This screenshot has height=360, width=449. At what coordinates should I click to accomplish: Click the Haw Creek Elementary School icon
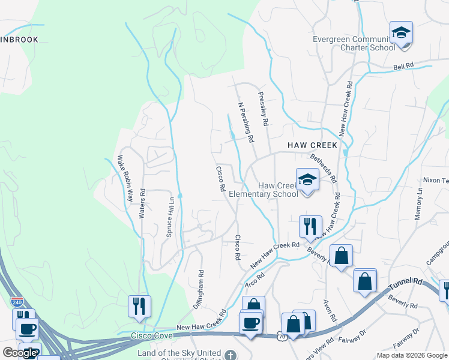(307, 179)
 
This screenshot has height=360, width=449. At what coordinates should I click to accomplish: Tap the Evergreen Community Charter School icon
(401, 32)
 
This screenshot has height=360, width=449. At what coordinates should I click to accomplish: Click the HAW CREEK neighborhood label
(312, 145)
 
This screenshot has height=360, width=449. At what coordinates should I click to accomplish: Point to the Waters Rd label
(143, 204)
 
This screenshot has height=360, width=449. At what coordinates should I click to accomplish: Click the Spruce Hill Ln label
(170, 217)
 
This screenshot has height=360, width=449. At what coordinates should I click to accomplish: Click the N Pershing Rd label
(246, 122)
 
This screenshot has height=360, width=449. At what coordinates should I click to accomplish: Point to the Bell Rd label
(405, 65)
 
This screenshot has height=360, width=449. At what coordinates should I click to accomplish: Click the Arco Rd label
(255, 279)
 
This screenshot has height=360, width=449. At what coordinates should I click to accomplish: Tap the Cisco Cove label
(147, 338)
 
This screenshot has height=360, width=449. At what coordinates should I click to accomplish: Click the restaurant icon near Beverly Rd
(310, 226)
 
